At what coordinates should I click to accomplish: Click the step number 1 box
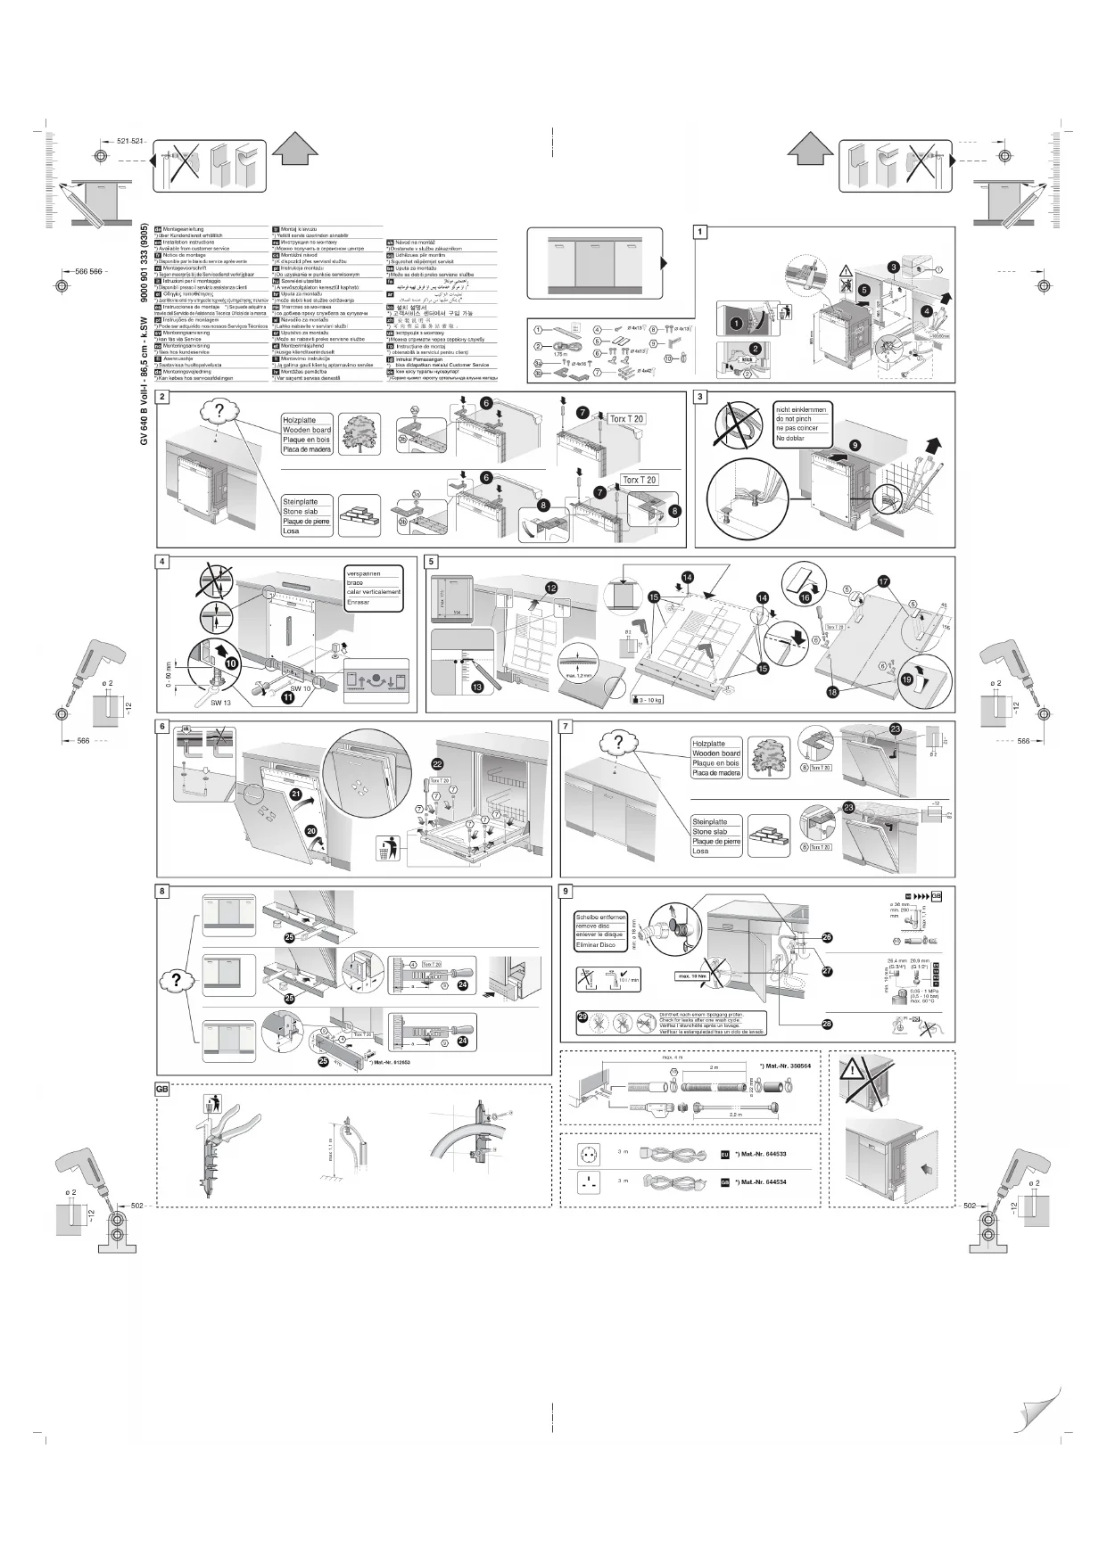click(701, 232)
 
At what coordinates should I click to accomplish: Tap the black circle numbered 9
click(855, 445)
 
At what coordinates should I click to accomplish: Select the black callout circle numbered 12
click(551, 588)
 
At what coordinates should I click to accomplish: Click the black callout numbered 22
click(437, 764)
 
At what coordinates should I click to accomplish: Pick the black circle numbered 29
click(582, 1016)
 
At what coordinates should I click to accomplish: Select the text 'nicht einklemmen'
click(801, 409)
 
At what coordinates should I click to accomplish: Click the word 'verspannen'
click(364, 573)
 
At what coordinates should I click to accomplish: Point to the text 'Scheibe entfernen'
click(600, 917)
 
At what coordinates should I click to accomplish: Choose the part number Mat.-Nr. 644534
click(763, 1181)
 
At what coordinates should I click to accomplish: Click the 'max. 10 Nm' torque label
click(693, 975)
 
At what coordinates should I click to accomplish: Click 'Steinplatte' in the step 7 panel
click(710, 821)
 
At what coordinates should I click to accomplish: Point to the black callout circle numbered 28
click(827, 1024)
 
